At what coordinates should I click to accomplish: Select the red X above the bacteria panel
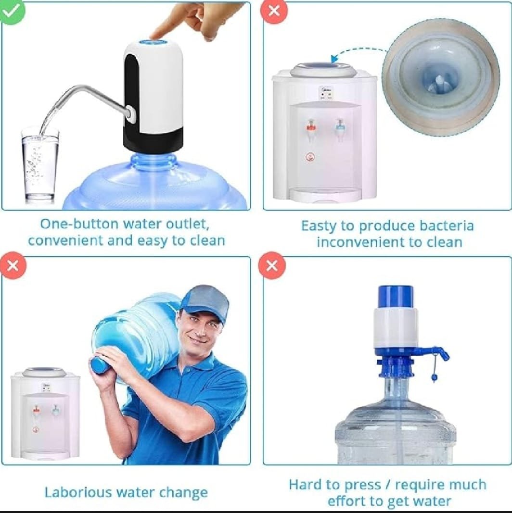click(x=274, y=11)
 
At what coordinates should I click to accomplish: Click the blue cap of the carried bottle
click(x=99, y=364)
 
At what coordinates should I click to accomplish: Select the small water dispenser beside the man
click(x=45, y=413)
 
